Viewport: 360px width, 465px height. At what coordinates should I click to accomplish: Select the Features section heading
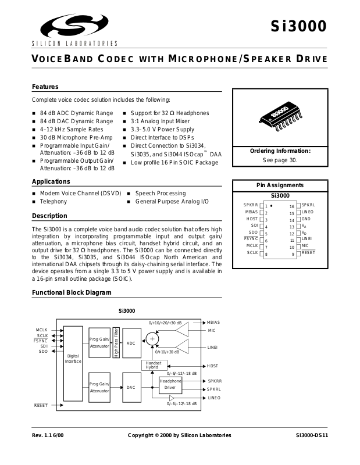45,87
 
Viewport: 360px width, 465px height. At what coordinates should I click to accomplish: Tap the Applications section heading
51,181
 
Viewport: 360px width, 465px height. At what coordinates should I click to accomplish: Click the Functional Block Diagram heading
72,292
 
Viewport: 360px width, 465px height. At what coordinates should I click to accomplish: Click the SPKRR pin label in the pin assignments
251,205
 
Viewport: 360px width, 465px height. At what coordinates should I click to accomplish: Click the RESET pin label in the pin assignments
308,253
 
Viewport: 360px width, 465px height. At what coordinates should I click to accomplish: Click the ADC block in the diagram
131,344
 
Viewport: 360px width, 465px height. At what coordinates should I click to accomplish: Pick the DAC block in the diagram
131,387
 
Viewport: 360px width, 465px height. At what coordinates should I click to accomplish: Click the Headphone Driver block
170,384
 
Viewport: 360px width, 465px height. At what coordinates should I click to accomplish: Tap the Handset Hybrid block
152,365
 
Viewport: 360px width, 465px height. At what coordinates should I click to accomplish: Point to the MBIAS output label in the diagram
214,322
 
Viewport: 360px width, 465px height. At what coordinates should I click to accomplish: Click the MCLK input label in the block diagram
41,330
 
